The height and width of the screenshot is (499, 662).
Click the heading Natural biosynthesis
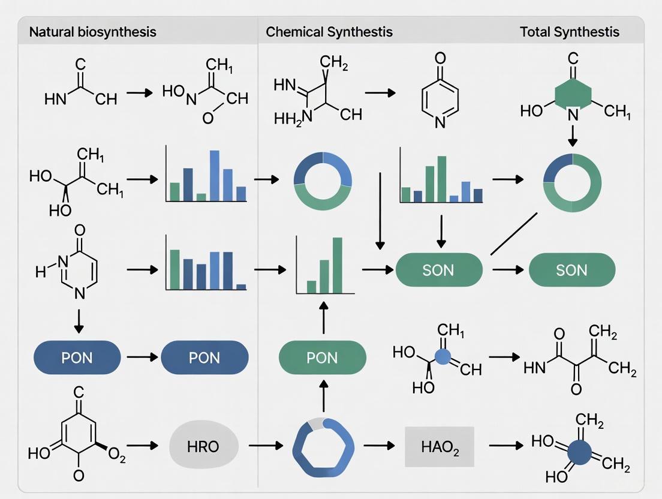coord(92,32)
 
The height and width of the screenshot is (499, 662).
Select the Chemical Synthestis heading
coord(329,32)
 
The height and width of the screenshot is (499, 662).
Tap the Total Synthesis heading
coord(569,32)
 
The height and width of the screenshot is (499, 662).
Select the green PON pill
coord(323,358)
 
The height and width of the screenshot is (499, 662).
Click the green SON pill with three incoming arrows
coord(439,270)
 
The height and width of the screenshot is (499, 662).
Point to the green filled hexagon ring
coord(573,95)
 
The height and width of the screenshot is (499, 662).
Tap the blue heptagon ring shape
coord(323,447)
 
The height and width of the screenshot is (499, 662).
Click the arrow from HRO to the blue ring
coord(264,446)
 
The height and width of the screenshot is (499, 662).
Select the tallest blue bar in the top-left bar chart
coord(214,175)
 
